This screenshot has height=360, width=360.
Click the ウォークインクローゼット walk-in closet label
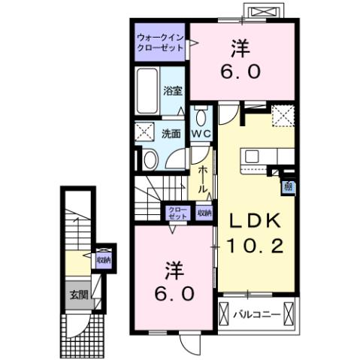(x=160, y=42)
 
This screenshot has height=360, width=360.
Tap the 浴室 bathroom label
(x=174, y=91)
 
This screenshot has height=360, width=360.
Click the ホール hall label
(x=204, y=180)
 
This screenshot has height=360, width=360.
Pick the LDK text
(x=250, y=220)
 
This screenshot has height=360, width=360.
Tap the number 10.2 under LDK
(x=252, y=245)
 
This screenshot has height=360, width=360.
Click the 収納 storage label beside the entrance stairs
(x=103, y=260)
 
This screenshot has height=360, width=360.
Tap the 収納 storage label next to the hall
(x=204, y=213)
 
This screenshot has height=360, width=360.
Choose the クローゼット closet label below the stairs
(x=177, y=212)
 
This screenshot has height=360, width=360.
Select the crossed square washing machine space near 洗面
(x=145, y=133)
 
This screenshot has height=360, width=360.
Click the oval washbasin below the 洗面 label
(x=150, y=159)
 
